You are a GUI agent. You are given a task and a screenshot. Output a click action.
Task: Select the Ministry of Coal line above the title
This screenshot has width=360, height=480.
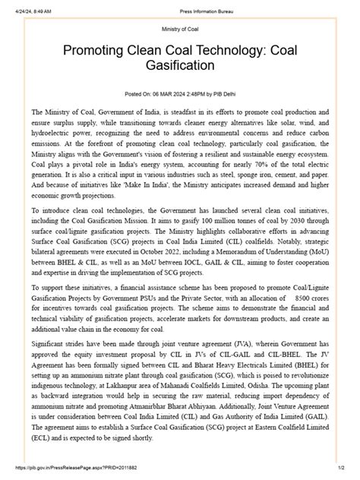pyautogui.click(x=180, y=29)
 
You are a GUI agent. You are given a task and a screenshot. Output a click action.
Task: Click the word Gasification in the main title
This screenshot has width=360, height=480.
pyautogui.click(x=180, y=67)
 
